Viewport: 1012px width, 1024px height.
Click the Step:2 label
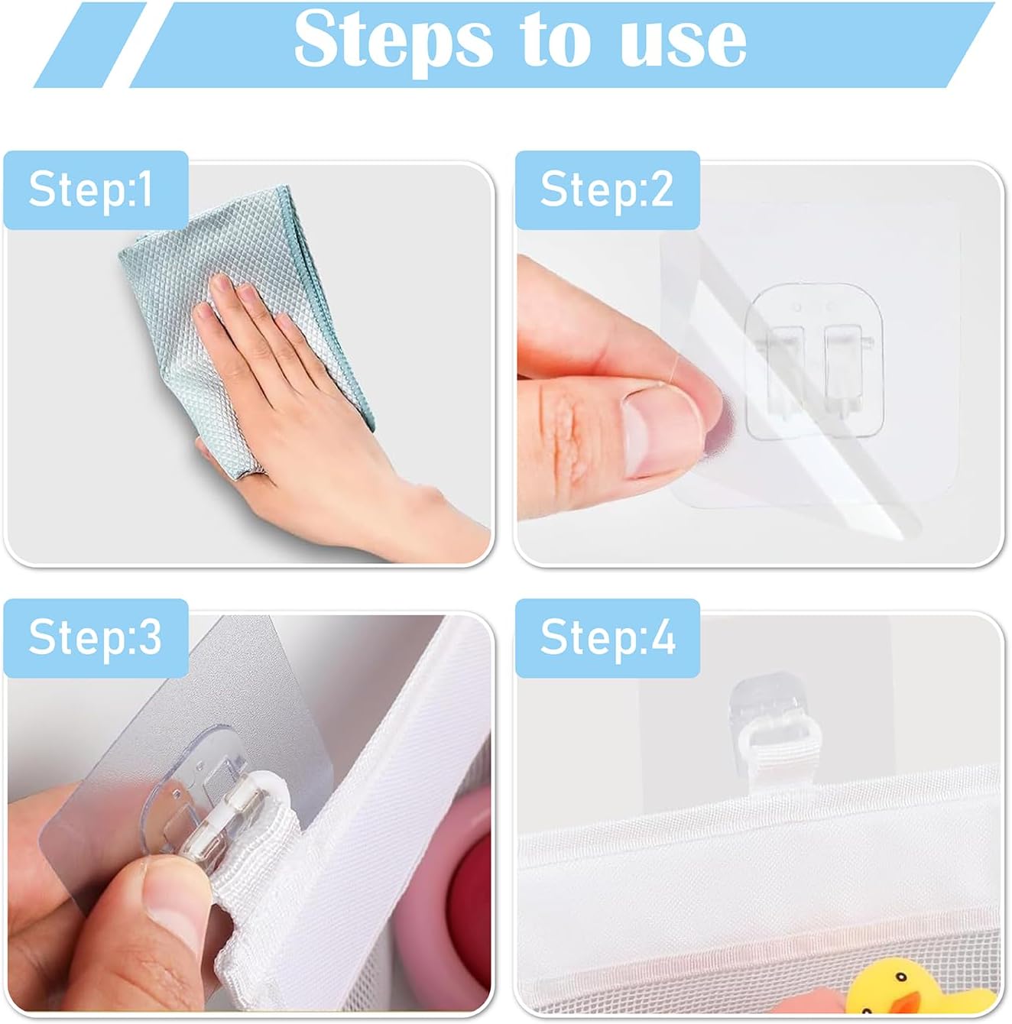[607, 190]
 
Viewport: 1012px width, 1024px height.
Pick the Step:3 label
[95, 638]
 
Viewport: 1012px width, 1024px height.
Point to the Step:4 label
[608, 638]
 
